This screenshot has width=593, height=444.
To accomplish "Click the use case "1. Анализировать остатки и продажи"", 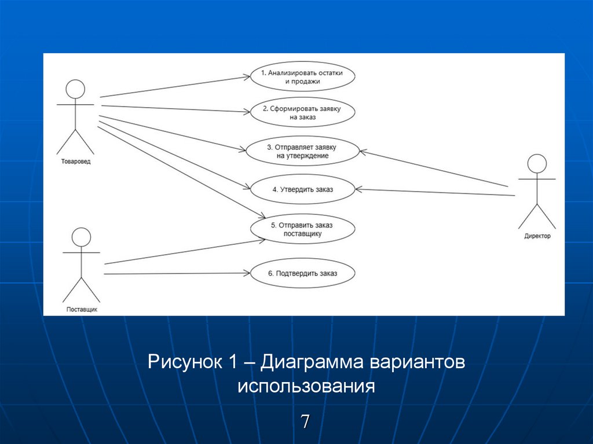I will (302, 78).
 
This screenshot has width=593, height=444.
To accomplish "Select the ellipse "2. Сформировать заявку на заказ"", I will (302, 112).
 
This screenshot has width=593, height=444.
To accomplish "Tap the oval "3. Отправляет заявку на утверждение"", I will (302, 151).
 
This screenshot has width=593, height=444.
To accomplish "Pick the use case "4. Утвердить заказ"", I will (302, 189).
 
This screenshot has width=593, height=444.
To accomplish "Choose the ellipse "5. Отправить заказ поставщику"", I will (302, 229).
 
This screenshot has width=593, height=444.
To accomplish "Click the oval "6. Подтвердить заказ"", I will (302, 274).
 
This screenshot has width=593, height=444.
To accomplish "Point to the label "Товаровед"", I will (75, 162).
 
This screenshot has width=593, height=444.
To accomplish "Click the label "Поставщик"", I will (81, 310).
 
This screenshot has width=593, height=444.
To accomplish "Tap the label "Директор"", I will (537, 236).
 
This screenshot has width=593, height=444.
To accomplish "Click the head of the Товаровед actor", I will (75, 89).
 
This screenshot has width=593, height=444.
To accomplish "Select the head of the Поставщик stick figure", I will (81, 237).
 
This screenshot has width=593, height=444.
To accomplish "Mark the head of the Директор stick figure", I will (537, 164).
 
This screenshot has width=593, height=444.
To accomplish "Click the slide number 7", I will (305, 421).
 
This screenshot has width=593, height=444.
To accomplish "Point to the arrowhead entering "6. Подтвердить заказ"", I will (247, 273).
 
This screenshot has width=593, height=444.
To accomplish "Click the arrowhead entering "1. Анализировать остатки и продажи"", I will (247, 76).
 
